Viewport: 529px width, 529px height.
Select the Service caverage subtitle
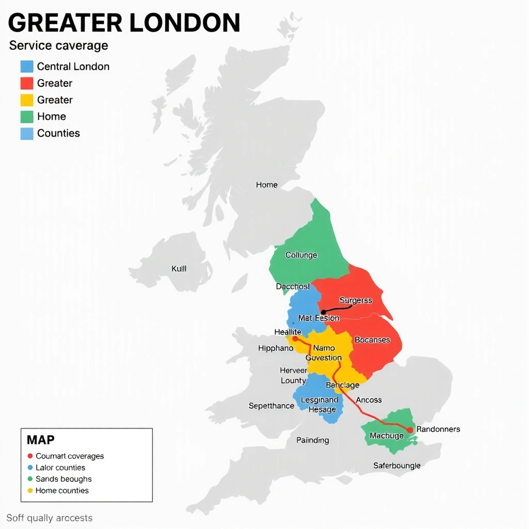pyautogui.click(x=58, y=45)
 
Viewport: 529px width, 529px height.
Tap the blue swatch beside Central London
pyautogui.click(x=27, y=67)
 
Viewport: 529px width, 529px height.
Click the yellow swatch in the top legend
pyautogui.click(x=27, y=100)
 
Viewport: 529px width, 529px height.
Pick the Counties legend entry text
pyautogui.click(x=58, y=133)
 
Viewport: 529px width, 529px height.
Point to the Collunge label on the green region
pyautogui.click(x=301, y=255)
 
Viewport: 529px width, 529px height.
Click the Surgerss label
pyautogui.click(x=355, y=300)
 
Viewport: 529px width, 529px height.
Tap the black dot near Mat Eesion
pyautogui.click(x=323, y=312)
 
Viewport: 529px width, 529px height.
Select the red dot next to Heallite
pyautogui.click(x=294, y=339)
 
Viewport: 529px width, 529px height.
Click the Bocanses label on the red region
pyautogui.click(x=372, y=340)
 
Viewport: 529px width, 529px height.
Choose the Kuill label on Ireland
pyautogui.click(x=179, y=269)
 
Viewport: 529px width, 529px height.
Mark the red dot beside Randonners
pyautogui.click(x=410, y=430)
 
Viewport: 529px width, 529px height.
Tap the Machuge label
pyautogui.click(x=386, y=436)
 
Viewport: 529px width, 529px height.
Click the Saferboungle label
pyautogui.click(x=397, y=465)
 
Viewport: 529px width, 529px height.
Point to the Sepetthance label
pyautogui.click(x=271, y=406)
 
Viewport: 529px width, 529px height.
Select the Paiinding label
pyautogui.click(x=313, y=440)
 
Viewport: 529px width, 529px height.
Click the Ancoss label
pyautogui.click(x=369, y=400)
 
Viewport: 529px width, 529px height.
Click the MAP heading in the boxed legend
pyautogui.click(x=40, y=440)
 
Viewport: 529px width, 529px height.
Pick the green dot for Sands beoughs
pyautogui.click(x=30, y=479)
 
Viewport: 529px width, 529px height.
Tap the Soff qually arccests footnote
pyautogui.click(x=50, y=518)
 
